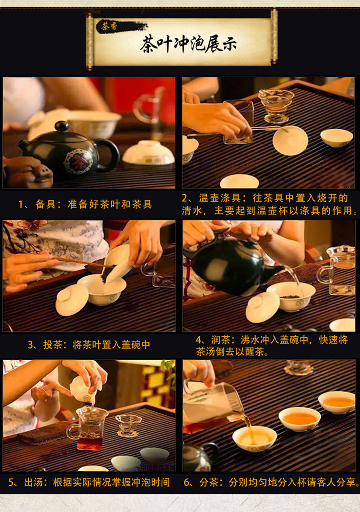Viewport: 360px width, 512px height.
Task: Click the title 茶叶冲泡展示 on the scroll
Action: (x=188, y=45)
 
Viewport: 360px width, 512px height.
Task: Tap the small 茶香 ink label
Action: (x=109, y=26)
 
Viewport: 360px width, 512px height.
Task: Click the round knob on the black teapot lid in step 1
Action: (x=62, y=126)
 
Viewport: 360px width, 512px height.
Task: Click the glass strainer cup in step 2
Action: (x=276, y=105)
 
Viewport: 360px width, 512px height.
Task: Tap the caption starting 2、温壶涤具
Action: (x=269, y=205)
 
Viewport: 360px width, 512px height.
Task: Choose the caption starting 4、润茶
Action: (x=272, y=346)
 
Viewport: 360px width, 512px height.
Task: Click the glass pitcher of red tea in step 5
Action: (x=89, y=428)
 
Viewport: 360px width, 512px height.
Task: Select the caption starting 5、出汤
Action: (x=89, y=482)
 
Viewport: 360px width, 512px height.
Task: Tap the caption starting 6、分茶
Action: (x=271, y=482)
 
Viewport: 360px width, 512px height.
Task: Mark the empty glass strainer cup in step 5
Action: (x=128, y=425)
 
